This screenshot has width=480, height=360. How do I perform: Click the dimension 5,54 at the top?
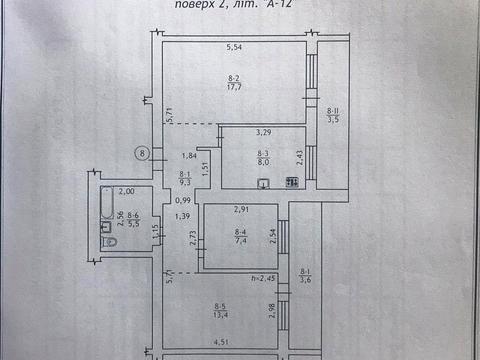tap(235, 48)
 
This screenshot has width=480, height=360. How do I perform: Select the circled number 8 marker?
tap(143, 153)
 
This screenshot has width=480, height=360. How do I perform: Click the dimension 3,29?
tap(264, 132)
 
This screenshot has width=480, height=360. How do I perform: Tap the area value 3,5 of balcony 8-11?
tap(334, 119)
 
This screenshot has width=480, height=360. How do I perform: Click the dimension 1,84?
tap(187, 155)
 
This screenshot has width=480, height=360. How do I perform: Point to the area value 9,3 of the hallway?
tap(184, 182)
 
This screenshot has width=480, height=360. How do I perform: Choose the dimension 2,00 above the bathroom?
tap(126, 191)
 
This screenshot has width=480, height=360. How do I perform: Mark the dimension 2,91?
tap(241, 208)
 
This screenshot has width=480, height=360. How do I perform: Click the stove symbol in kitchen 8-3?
tap(293, 182)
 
